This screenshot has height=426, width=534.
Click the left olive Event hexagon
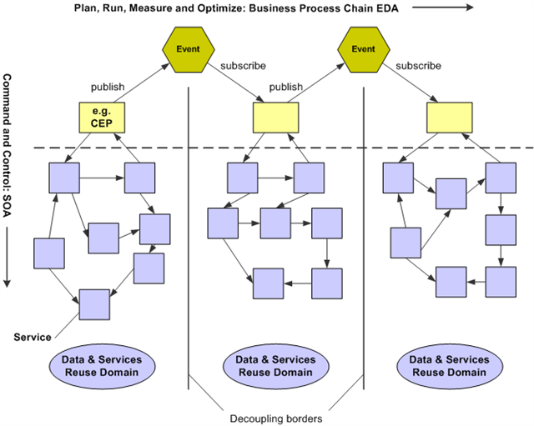coord(188,48)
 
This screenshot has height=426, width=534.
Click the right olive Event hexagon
coord(363,48)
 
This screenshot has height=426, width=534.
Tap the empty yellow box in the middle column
coord(276,118)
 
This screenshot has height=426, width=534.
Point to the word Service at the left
coord(33,337)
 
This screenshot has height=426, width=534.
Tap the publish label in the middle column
coord(286,86)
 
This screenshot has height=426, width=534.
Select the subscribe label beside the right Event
coord(419,66)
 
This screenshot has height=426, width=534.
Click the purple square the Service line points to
coord(94,304)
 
